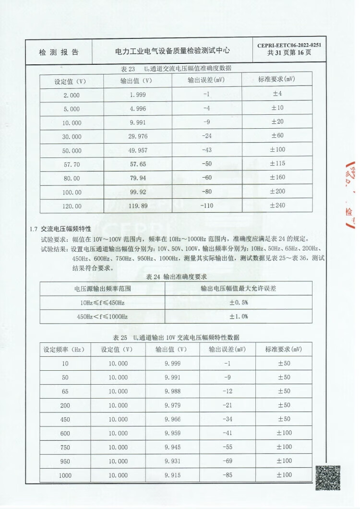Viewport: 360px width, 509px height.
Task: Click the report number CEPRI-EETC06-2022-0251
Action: point(289,46)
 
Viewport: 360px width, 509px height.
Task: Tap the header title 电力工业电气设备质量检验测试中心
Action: point(173,50)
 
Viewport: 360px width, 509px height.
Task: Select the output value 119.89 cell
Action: point(138,206)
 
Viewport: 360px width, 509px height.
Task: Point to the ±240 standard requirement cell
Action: point(277,206)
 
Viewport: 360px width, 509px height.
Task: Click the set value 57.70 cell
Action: point(72,164)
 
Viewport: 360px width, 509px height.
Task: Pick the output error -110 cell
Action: point(207,206)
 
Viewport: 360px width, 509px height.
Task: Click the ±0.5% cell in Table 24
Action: point(238,303)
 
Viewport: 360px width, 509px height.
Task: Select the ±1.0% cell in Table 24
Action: point(238,316)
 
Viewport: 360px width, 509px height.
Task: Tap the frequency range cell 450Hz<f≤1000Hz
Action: point(102,316)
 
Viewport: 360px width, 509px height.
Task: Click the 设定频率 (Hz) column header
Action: point(64,350)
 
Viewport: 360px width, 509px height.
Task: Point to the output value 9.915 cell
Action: point(172,475)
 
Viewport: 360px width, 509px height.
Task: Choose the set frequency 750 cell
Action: point(65,447)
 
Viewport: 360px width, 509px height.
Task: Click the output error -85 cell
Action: point(228,475)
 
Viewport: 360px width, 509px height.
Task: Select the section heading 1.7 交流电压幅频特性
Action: point(60,229)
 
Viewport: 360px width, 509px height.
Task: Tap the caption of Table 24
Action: point(176,277)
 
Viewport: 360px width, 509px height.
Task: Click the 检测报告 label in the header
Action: point(59,52)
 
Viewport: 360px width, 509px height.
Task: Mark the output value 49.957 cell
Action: point(138,150)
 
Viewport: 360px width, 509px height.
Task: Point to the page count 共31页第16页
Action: point(289,53)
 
